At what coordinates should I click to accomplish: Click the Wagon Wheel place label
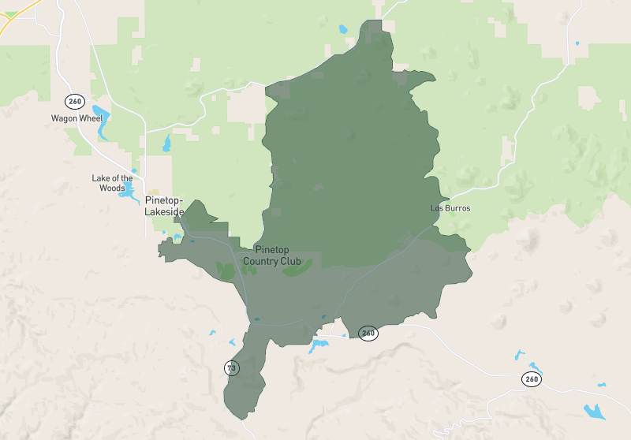tap(77, 118)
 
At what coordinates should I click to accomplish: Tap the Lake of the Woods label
tap(111, 183)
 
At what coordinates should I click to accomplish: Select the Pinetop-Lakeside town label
tap(164, 207)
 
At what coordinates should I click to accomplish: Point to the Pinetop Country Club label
tap(272, 255)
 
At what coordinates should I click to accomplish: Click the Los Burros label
tap(450, 208)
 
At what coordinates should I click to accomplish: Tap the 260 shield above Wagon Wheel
tap(74, 101)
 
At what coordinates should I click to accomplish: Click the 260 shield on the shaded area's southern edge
tap(368, 333)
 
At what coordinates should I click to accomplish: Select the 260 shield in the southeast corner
tap(532, 379)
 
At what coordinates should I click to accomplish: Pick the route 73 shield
tap(231, 367)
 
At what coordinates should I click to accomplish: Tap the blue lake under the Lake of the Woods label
tap(129, 195)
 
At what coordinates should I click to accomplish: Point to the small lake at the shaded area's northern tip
tap(342, 30)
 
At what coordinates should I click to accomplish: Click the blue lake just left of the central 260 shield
tap(319, 345)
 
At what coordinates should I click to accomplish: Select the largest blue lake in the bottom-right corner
tap(592, 411)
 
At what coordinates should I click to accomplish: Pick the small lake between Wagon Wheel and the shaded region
tap(166, 144)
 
